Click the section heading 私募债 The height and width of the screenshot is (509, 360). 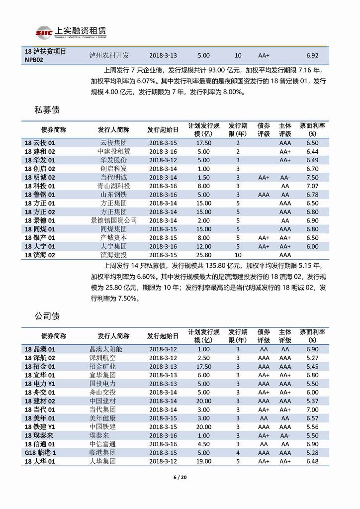[47, 109]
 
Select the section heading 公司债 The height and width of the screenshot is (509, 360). [47, 316]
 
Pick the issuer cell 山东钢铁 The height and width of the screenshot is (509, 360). [114, 195]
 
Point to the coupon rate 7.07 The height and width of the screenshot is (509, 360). [312, 186]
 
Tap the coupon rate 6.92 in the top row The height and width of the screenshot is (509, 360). [312, 56]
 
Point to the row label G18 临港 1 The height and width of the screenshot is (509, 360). [40, 452]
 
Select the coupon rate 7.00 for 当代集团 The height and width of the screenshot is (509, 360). [312, 409]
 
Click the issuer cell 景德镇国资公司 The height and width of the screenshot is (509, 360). [114, 220]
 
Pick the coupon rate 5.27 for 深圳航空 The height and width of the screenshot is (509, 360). [312, 358]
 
